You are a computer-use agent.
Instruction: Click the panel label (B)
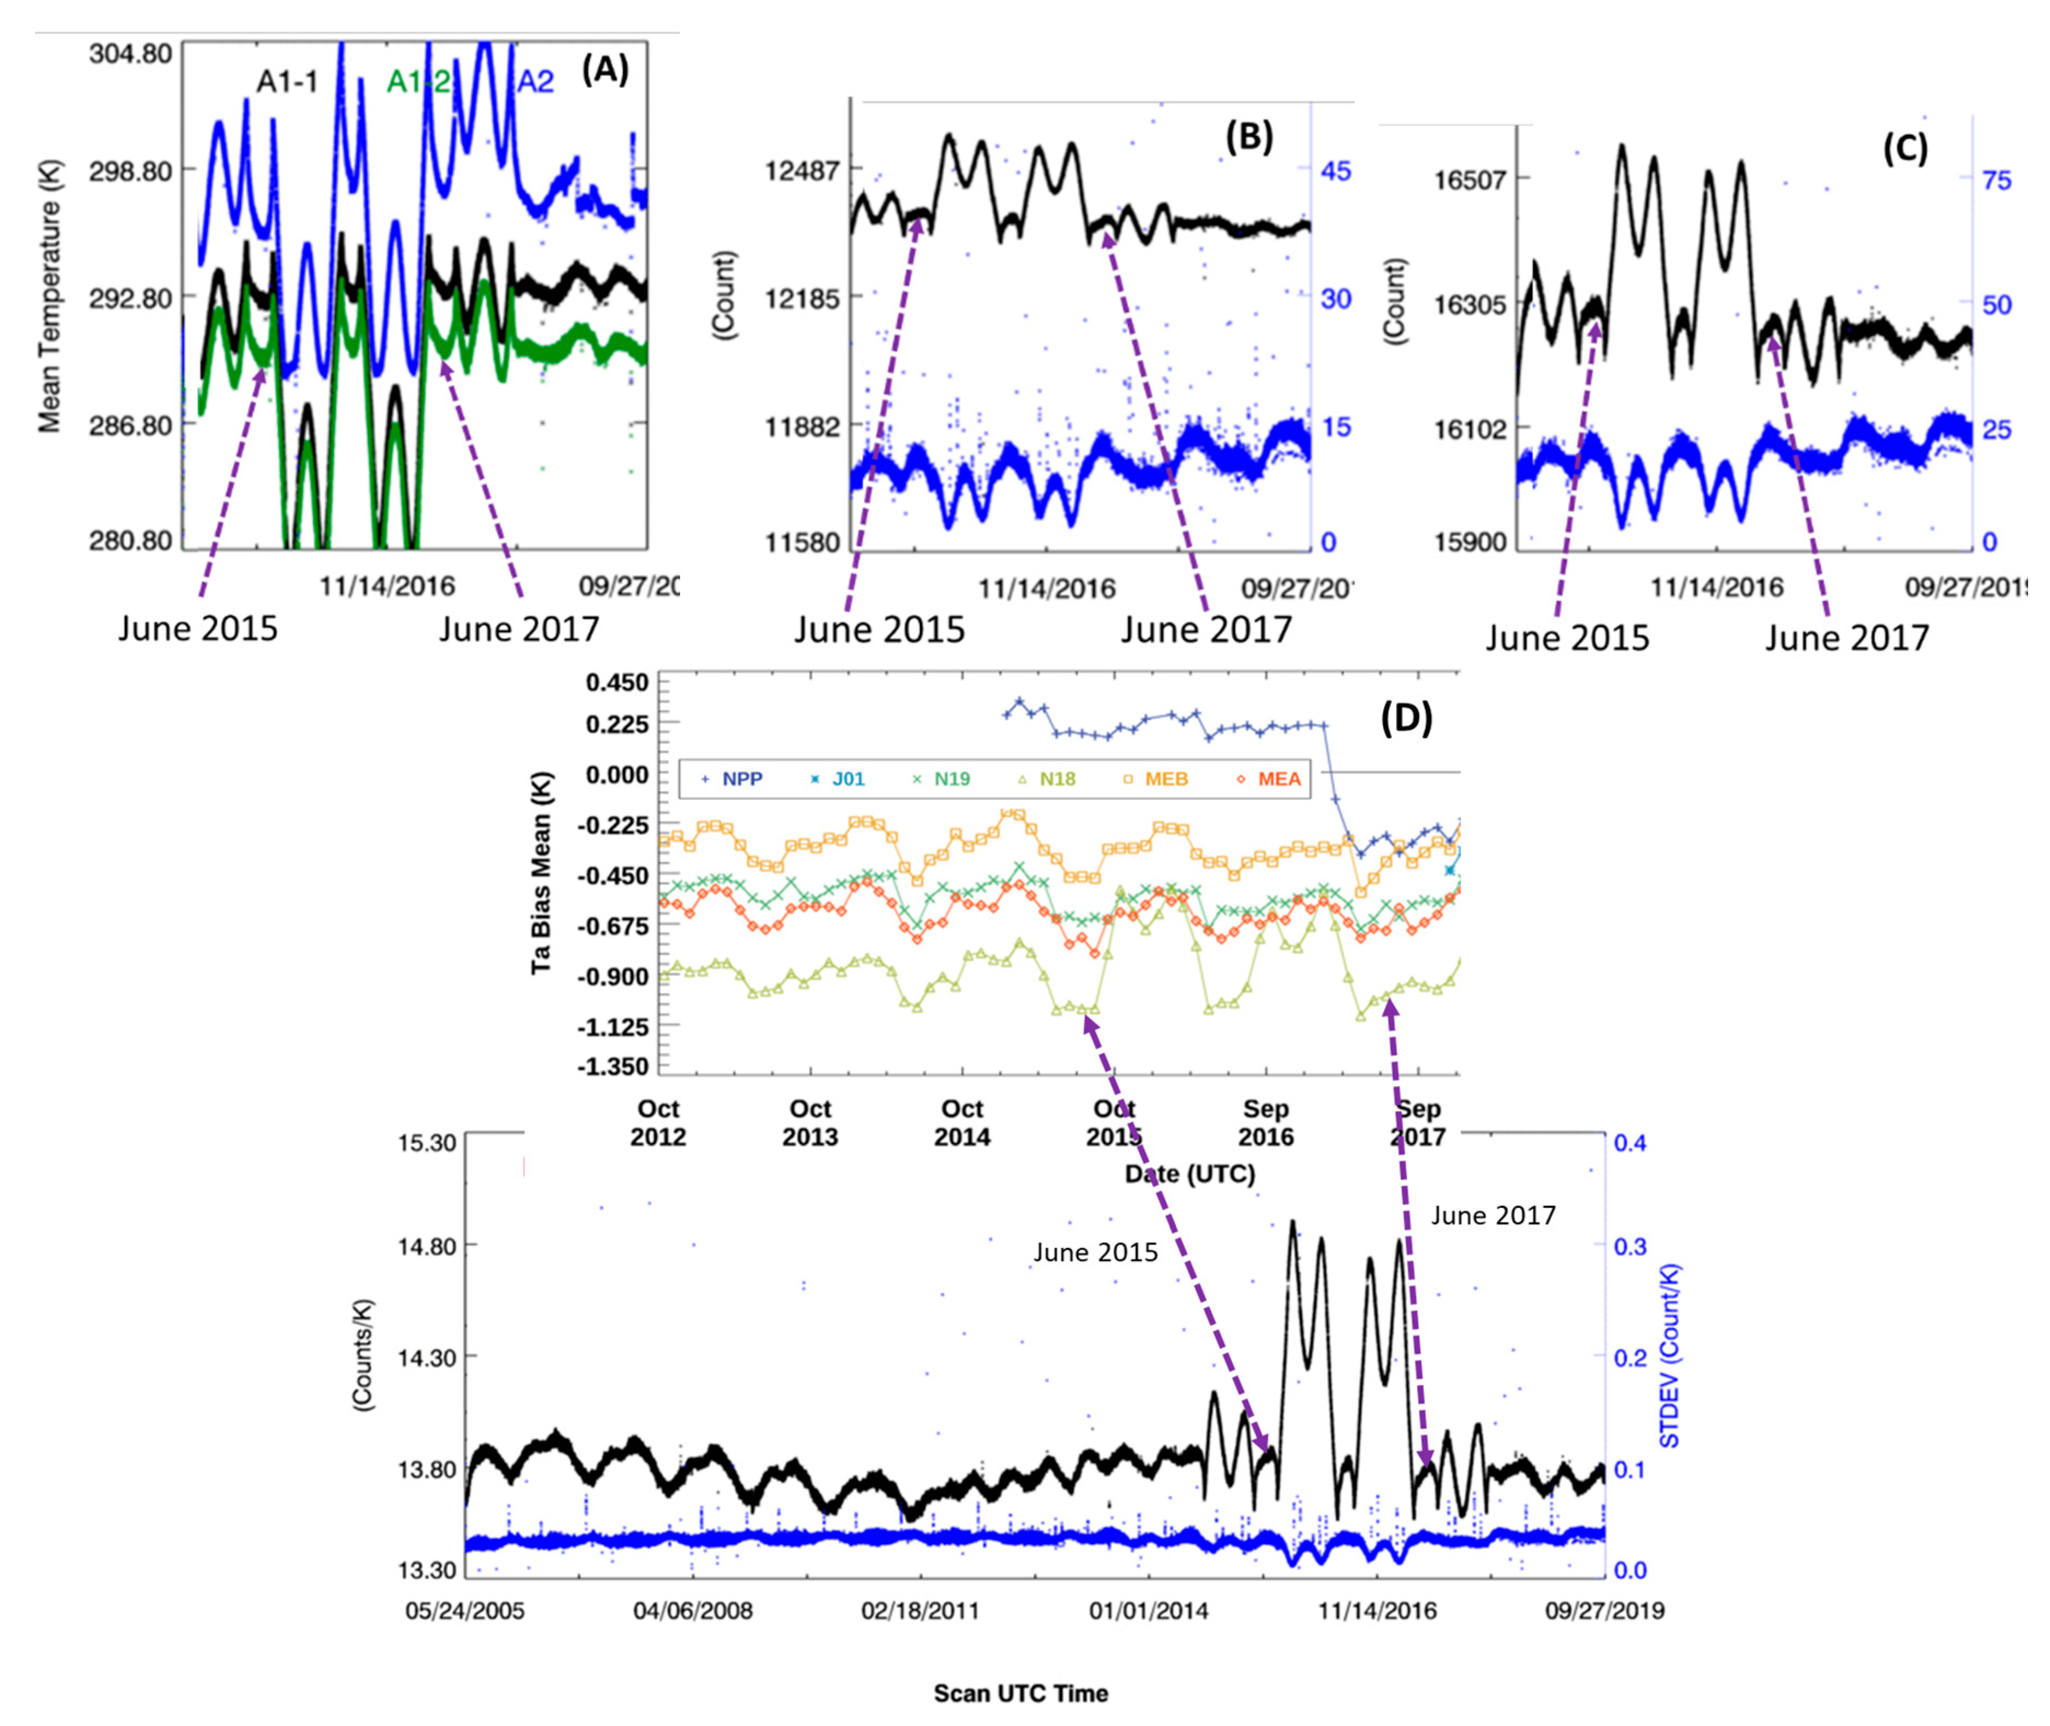coord(1249,138)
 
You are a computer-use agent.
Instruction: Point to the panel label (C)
coord(1904,149)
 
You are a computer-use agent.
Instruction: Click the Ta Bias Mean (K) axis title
coord(542,874)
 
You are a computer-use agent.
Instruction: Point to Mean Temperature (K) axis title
coord(49,296)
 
